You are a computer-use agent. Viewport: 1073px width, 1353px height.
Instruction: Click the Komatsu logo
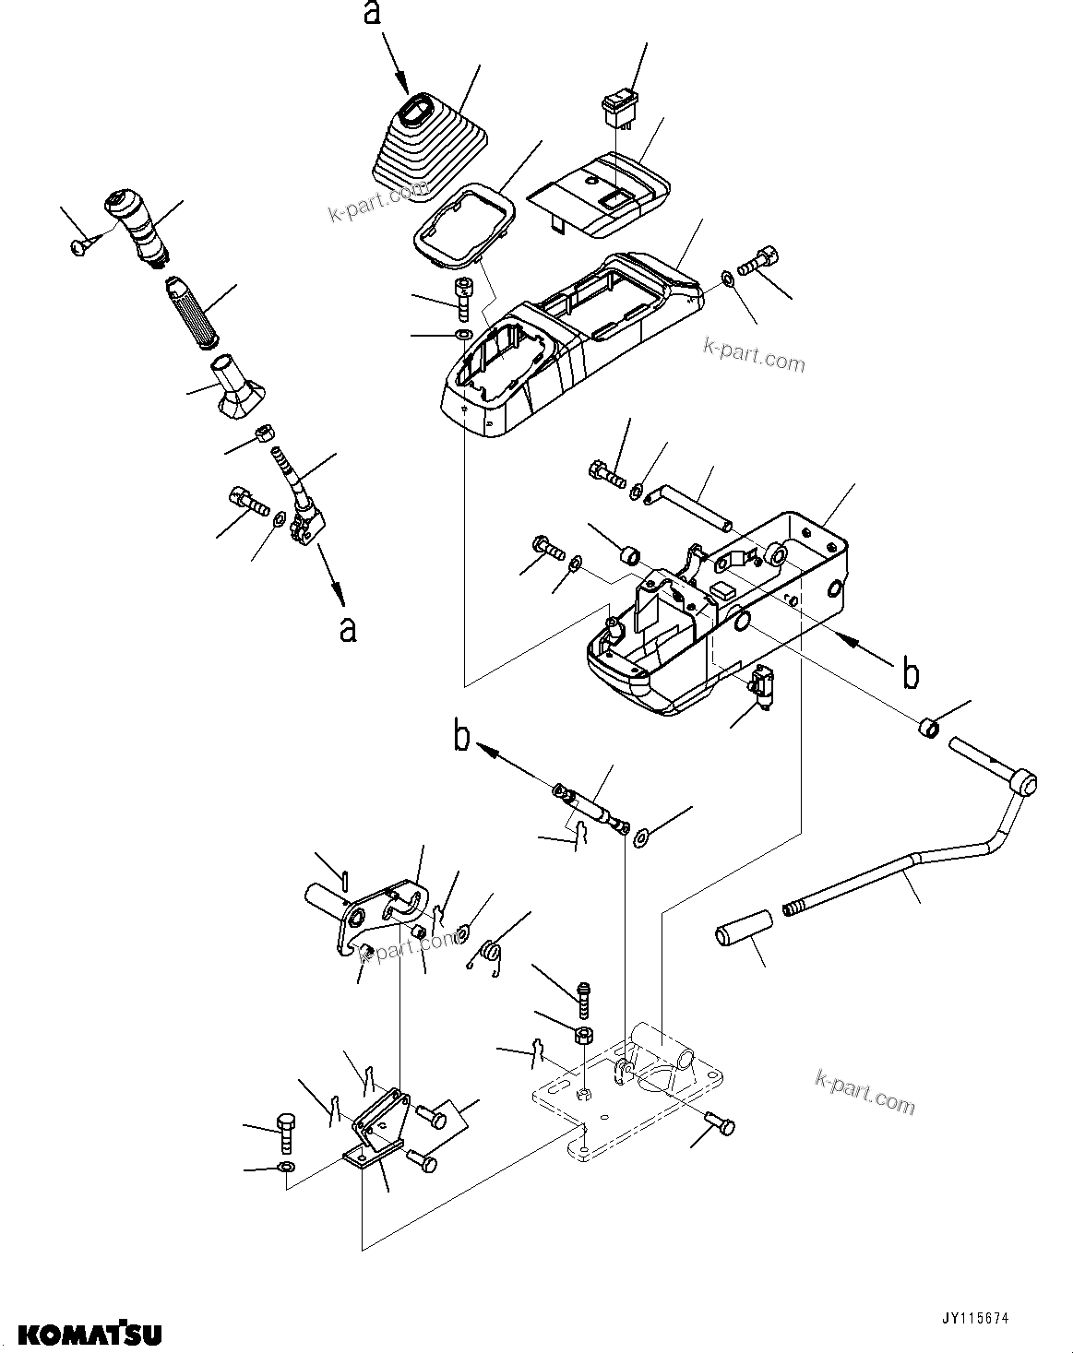tap(90, 1334)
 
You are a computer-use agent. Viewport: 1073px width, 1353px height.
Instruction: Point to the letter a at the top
tap(373, 16)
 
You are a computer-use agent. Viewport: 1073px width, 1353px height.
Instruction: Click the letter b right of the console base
tap(910, 674)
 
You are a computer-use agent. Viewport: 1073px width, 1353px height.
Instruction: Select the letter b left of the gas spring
tap(461, 739)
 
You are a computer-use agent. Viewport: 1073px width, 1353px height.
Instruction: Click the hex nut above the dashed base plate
tap(583, 1034)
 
